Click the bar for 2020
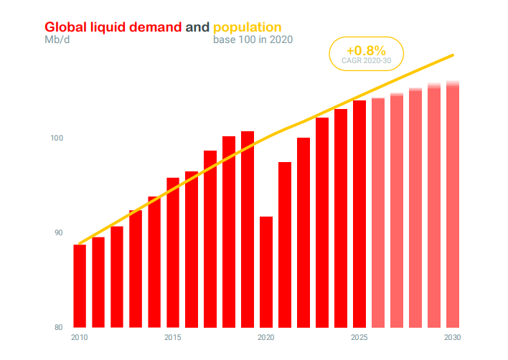click(x=266, y=272)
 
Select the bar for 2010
click(x=80, y=286)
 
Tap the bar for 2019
click(x=248, y=229)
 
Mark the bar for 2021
click(x=285, y=245)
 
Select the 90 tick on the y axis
click(x=60, y=232)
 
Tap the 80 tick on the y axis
click(x=60, y=328)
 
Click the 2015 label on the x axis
click(x=173, y=337)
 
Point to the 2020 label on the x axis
click(x=266, y=337)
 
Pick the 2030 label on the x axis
click(x=453, y=337)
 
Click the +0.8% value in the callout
click(x=366, y=51)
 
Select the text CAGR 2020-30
click(x=366, y=61)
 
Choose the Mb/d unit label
click(x=57, y=39)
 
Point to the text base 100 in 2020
click(x=253, y=39)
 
